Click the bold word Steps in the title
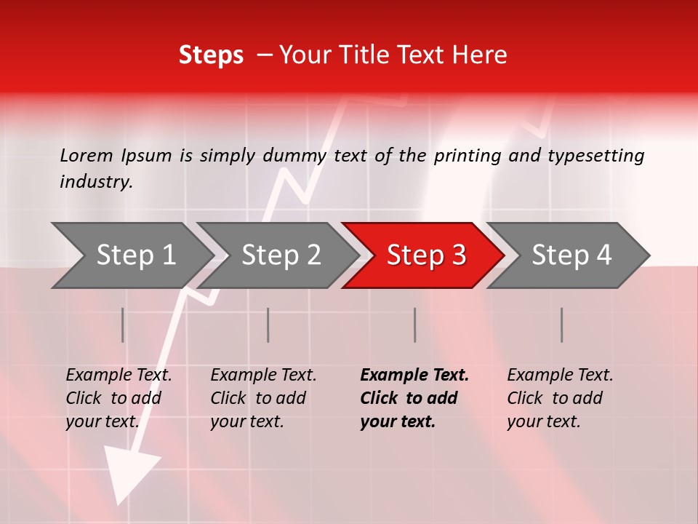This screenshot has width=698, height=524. [x=211, y=55]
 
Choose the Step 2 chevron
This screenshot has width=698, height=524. [x=281, y=255]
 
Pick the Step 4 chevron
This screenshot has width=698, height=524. [x=571, y=255]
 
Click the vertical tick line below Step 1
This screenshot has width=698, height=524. [x=123, y=325]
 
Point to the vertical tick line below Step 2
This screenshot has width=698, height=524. [x=268, y=325]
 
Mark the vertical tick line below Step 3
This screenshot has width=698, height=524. [x=414, y=325]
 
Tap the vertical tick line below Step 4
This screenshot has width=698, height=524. [x=561, y=325]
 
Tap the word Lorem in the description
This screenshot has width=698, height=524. [x=87, y=156]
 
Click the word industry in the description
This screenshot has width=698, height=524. [x=95, y=182]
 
